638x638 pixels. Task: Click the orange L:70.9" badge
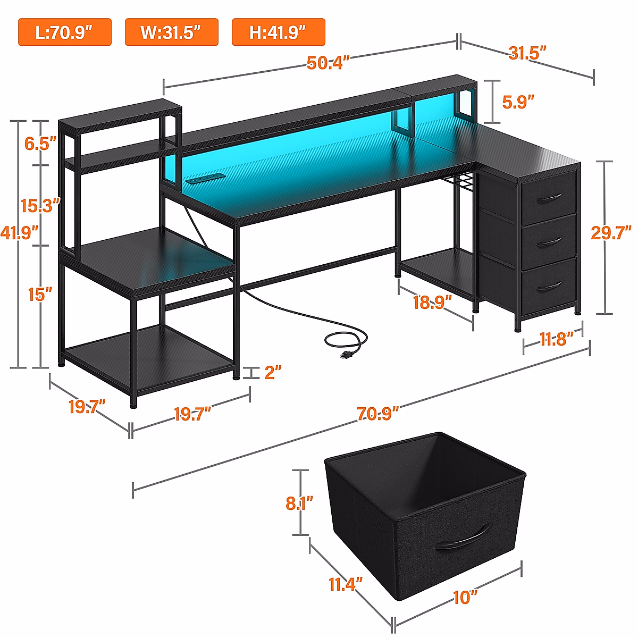65,32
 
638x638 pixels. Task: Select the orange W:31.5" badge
171,32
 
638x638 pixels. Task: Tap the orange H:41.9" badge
278,32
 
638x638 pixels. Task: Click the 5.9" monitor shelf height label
518,102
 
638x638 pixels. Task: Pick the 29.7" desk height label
611,232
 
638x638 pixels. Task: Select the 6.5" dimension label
40,143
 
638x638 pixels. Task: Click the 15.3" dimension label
40,205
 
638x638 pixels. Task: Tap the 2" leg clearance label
273,372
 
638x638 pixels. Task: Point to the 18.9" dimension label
432,303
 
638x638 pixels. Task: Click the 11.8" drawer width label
557,339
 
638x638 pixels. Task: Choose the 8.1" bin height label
299,502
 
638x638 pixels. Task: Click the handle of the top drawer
549,199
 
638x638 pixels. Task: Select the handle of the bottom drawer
549,288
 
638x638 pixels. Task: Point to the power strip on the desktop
206,178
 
